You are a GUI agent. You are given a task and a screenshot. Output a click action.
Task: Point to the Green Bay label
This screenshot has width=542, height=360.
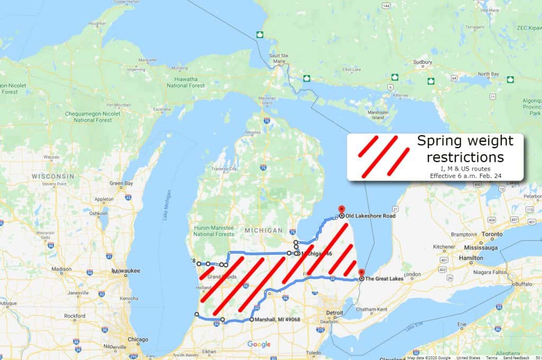click(121, 183)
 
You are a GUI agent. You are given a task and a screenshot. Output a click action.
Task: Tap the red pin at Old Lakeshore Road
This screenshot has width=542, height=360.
click(341, 210)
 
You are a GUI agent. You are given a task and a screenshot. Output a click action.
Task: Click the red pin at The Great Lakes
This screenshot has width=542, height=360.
click(362, 274)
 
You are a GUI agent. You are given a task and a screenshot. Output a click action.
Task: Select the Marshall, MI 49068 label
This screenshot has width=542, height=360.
click(277, 320)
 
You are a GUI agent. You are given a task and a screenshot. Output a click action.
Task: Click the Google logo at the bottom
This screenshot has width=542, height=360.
click(259, 345)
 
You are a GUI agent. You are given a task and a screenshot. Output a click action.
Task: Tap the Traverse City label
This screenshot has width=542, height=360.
click(224, 169)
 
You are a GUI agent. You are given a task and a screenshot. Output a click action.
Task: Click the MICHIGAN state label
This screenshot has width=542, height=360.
click(264, 231)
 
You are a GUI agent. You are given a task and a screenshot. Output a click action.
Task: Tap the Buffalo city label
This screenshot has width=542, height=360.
click(523, 284)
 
